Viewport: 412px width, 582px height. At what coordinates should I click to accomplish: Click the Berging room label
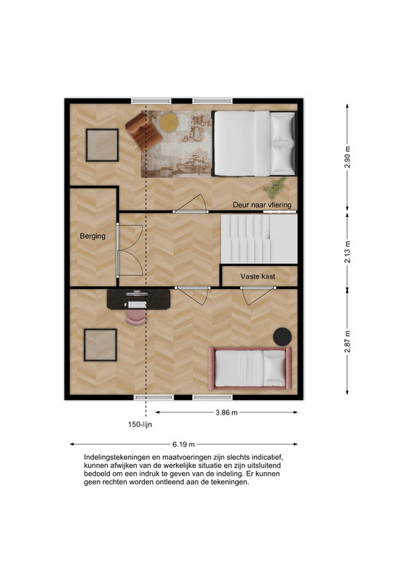(92, 236)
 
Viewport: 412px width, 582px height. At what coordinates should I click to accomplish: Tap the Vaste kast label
(258, 276)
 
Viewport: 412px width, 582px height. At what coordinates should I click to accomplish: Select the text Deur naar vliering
(262, 205)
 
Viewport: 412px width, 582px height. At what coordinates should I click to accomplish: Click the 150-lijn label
(140, 425)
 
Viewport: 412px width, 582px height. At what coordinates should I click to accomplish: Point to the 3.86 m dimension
(226, 412)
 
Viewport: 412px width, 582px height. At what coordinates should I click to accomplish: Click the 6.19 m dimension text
(183, 445)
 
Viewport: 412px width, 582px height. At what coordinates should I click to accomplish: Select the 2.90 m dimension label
(347, 157)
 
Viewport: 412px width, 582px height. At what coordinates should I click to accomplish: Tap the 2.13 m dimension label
(347, 252)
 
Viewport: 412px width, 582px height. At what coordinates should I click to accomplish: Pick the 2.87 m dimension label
(347, 341)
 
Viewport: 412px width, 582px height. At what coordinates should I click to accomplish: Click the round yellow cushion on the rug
(169, 122)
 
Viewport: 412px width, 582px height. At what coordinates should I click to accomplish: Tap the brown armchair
(143, 132)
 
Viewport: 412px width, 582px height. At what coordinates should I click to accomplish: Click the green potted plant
(274, 188)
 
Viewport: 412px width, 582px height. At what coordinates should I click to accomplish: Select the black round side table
(282, 337)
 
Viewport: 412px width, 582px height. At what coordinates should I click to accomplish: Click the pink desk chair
(136, 317)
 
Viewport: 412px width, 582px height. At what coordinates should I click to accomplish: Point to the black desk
(138, 299)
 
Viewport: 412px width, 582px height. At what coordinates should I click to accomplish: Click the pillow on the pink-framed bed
(274, 367)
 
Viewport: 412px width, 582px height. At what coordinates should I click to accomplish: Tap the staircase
(259, 239)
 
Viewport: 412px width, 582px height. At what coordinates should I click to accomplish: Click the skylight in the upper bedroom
(102, 145)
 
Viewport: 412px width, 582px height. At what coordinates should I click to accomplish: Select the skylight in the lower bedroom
(100, 345)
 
